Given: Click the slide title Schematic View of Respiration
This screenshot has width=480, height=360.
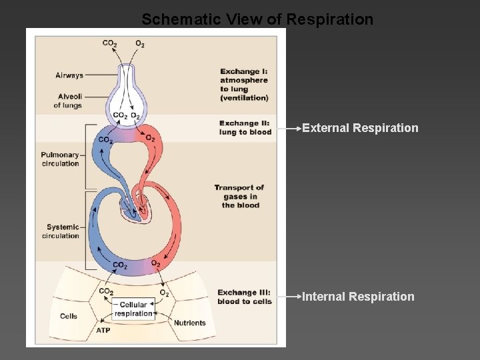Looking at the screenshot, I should tap(257, 19).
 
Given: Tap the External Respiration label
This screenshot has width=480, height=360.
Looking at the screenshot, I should tap(360, 128).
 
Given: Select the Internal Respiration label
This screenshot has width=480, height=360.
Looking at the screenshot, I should tap(358, 297).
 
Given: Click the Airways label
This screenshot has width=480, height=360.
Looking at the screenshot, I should tap(69, 75).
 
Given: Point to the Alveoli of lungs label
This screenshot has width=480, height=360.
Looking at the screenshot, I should tap(67, 101).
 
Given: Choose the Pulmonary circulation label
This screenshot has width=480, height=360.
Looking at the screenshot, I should tap(60, 159).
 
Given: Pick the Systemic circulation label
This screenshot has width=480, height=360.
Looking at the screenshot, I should tap(62, 231).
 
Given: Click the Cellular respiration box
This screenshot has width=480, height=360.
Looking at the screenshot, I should tap(133, 309).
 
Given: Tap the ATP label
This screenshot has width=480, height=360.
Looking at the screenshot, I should tap(103, 330).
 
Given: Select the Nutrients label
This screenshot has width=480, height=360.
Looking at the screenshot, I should tap(190, 323).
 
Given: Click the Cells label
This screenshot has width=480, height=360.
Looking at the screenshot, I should tap(69, 317).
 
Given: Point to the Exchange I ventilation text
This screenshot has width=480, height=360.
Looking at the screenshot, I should tap(244, 85).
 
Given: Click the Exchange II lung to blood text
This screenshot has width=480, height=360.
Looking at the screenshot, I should tap(245, 127).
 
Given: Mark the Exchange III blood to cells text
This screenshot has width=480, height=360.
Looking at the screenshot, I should tap(245, 297).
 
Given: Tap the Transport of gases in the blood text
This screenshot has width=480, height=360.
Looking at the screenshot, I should tap(239, 196).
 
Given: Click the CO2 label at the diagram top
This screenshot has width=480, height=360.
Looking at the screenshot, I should tap(110, 44).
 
